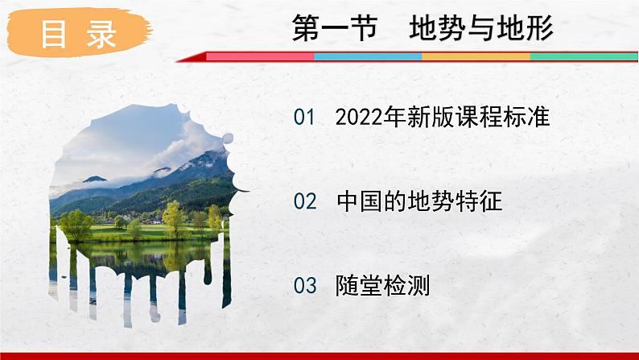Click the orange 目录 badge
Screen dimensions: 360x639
[78, 34]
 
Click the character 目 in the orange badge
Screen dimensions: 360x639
[54, 35]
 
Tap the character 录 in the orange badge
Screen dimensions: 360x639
[102, 35]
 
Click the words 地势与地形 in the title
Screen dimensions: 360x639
[481, 30]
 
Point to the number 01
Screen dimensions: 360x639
[305, 118]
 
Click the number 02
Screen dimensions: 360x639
[305, 201]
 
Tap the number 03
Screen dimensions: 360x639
[305, 285]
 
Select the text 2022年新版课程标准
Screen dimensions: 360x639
[442, 118]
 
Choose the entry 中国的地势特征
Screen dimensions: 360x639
[419, 201]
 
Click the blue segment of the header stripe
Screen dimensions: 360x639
[367, 57]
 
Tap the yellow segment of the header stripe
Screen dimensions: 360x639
[476, 57]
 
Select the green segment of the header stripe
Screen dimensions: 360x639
[583, 57]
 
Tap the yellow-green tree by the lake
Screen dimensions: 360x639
[172, 217]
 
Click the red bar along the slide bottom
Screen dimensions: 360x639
[319, 355]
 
